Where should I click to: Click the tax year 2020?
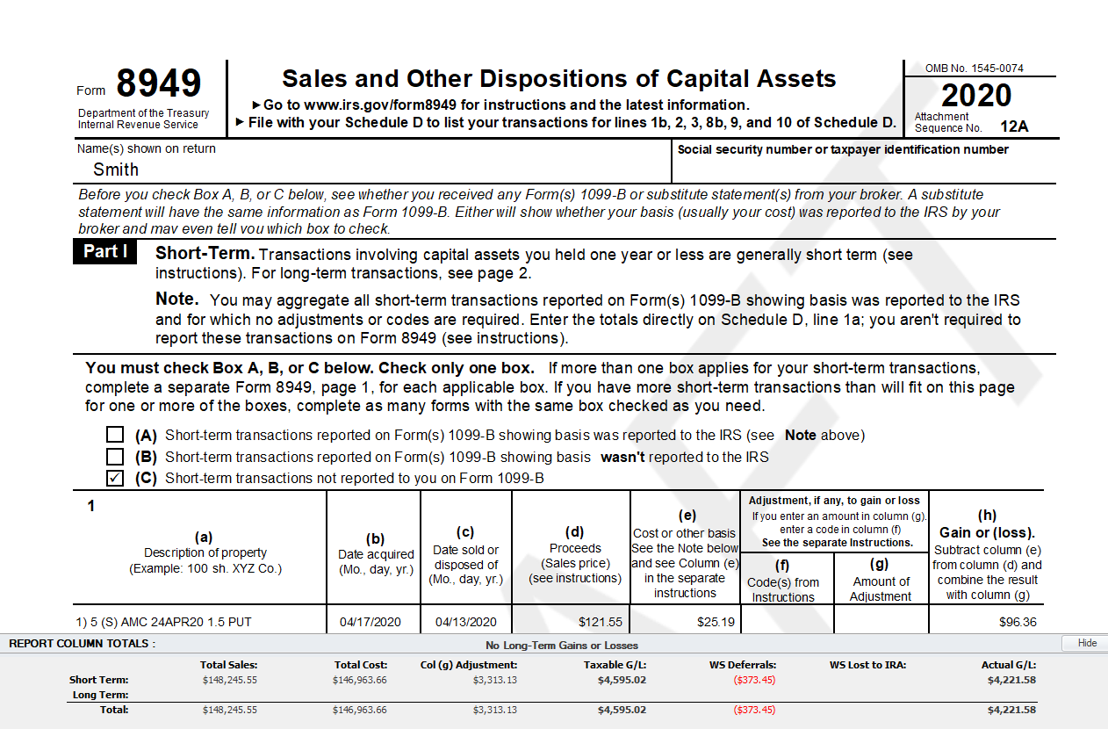pyautogui.click(x=976, y=95)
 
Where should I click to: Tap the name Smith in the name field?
pyautogui.click(x=116, y=170)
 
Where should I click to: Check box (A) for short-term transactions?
pyautogui.click(x=115, y=435)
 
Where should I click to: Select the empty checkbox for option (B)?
pyautogui.click(x=115, y=457)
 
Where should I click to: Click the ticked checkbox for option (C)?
pyautogui.click(x=115, y=479)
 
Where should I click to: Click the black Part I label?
pyautogui.click(x=105, y=252)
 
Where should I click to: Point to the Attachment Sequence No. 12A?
pyautogui.click(x=1013, y=126)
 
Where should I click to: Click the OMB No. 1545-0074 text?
pyautogui.click(x=974, y=69)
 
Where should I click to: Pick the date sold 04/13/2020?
pyautogui.click(x=465, y=622)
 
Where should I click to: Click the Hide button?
pyautogui.click(x=1086, y=643)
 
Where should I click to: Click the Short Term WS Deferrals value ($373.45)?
pyautogui.click(x=754, y=680)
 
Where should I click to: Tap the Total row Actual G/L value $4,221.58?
pyautogui.click(x=1011, y=710)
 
